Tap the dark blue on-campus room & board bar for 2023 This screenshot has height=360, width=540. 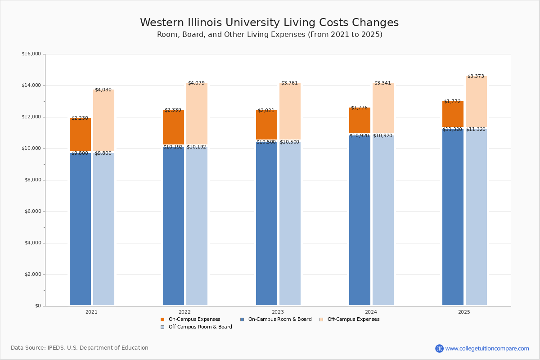coord(266,225)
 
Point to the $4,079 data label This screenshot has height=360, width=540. coord(196,83)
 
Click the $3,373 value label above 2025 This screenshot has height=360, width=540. coord(476,76)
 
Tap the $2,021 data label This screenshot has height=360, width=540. coord(266,111)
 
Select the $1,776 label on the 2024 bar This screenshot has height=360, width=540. coord(359,108)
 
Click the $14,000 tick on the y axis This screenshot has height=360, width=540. coord(31,85)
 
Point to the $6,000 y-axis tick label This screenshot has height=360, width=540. coord(32,211)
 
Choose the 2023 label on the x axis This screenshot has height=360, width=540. coord(278,312)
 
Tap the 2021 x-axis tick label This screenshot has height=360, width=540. coord(91,312)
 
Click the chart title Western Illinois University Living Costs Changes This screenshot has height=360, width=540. coord(269,23)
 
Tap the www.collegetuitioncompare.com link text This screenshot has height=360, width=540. coord(487,348)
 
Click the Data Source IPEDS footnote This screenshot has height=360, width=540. coord(80,348)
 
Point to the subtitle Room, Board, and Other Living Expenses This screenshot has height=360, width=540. coord(269,35)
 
